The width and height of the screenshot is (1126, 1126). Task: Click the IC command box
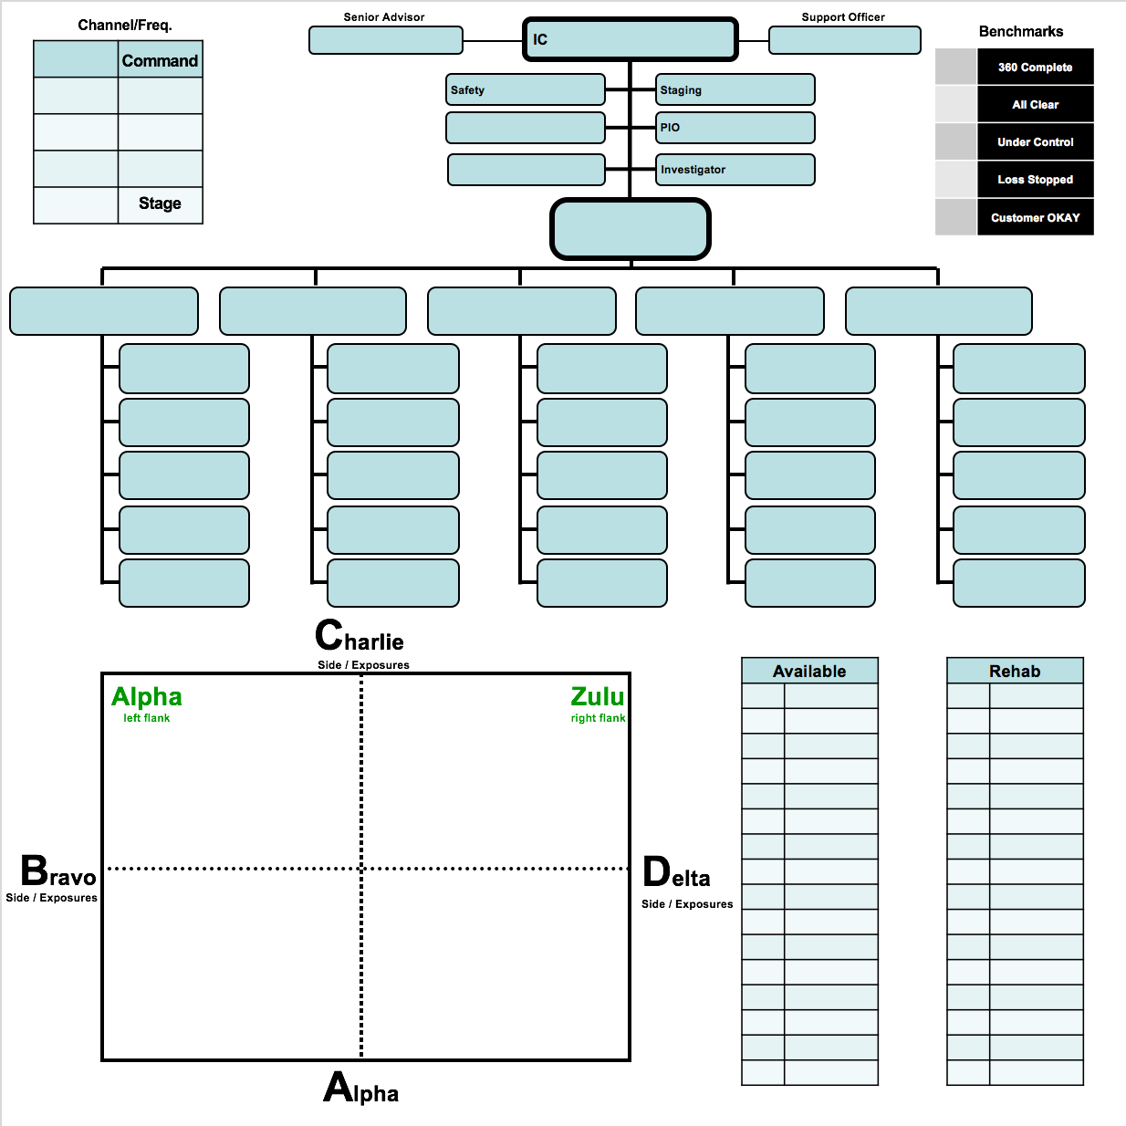[630, 39]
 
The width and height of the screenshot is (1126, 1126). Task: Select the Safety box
[526, 89]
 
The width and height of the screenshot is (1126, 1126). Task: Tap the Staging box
[735, 89]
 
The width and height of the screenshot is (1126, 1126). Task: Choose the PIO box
[735, 128]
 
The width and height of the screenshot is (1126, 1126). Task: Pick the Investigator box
[735, 170]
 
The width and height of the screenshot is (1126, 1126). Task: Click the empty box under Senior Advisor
[386, 40]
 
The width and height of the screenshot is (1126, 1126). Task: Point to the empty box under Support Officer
[845, 40]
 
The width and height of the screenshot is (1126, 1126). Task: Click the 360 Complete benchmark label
[1035, 68]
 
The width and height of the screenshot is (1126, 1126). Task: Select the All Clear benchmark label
[1035, 105]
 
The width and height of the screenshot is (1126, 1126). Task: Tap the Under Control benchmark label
[1035, 142]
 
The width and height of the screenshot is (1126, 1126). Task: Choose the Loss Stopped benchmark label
[1035, 180]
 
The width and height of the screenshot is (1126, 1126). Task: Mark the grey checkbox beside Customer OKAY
[956, 217]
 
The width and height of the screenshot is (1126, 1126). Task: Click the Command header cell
[160, 59]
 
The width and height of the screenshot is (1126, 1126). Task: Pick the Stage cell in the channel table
[160, 205]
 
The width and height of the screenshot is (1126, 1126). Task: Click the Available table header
[809, 671]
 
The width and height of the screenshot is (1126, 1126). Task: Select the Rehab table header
[1015, 671]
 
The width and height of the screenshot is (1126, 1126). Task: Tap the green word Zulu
[597, 696]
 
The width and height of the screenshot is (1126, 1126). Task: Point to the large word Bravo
[57, 871]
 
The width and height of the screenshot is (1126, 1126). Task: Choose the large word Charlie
[360, 635]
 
